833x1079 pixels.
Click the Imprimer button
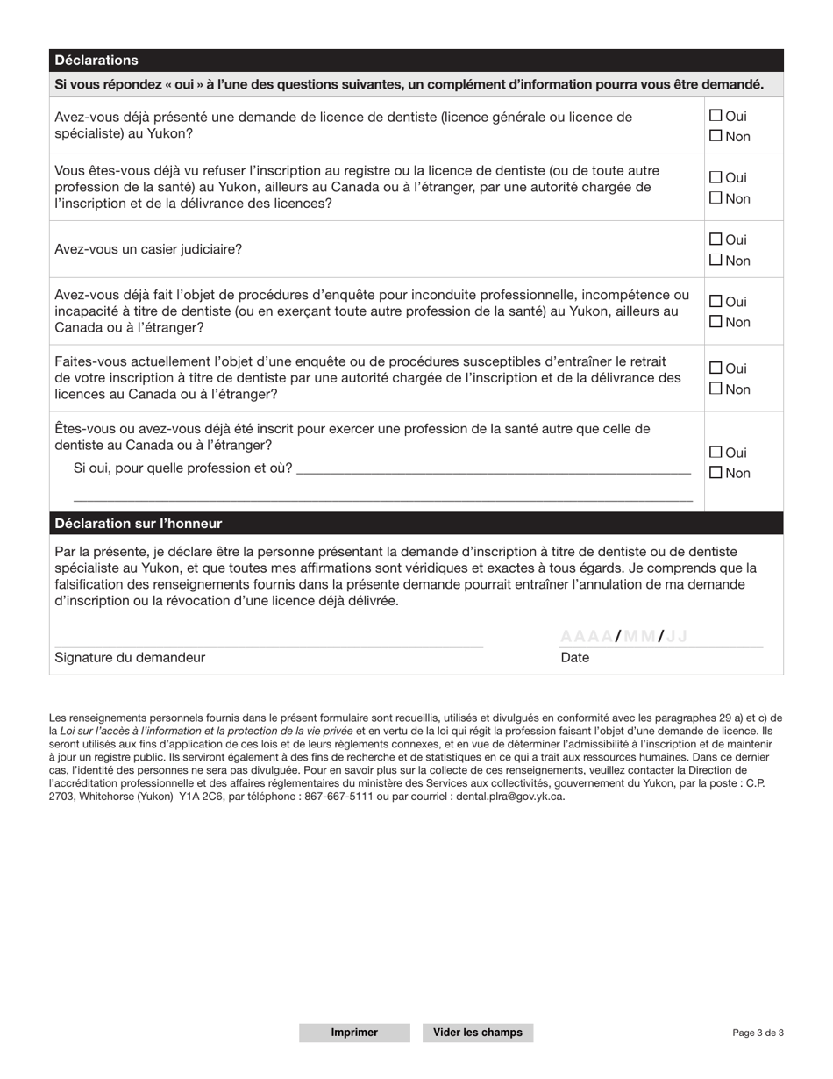(354, 1033)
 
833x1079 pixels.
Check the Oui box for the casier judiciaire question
(716, 239)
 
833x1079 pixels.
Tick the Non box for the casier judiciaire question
(716, 260)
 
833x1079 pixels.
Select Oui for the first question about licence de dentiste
(716, 115)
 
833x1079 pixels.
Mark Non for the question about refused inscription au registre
(716, 198)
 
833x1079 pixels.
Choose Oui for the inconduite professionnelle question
(716, 301)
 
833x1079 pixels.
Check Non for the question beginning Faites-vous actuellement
(716, 389)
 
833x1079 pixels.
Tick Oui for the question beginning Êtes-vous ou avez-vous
(716, 453)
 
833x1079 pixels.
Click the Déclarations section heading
(96, 61)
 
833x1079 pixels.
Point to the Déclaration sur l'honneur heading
(139, 524)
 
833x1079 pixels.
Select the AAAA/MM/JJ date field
(659, 637)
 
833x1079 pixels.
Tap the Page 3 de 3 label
(758, 1033)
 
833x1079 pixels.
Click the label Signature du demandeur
(130, 658)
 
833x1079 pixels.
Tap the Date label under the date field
(575, 658)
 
